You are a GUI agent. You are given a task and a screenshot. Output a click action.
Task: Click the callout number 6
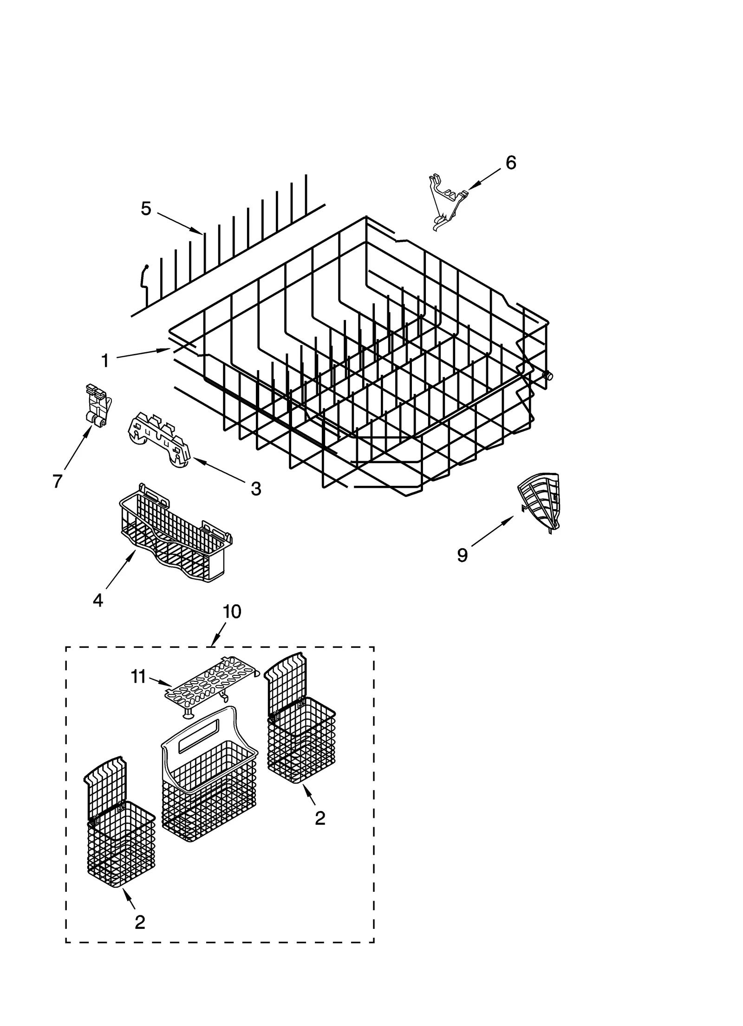coord(510,163)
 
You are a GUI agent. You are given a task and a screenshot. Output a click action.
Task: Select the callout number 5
coord(146,209)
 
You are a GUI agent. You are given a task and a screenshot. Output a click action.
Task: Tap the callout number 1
coord(105,360)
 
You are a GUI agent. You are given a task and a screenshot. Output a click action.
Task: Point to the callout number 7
coord(57,481)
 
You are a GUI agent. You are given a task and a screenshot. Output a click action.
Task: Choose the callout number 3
coord(256,488)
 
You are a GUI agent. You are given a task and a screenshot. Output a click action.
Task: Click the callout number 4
coord(98,600)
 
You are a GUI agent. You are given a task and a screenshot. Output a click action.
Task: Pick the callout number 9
coord(462,555)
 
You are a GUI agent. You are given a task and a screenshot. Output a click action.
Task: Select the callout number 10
coord(232,612)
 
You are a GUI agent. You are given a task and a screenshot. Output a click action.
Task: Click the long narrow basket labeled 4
coord(176,539)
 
